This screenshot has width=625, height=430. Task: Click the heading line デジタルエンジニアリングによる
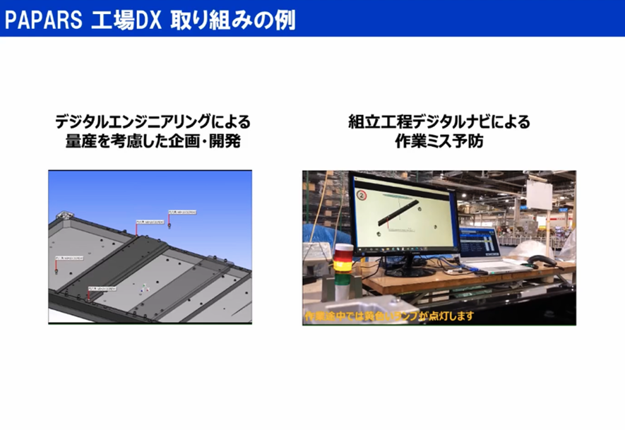[153, 121]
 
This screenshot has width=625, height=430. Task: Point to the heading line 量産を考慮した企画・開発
[153, 141]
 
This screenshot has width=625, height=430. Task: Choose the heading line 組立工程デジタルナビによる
[439, 121]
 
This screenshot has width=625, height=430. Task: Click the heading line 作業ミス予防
[439, 141]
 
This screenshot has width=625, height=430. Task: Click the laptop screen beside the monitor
[480, 243]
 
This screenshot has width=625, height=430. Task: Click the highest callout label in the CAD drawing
[181, 210]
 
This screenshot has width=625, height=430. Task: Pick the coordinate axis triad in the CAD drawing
[144, 287]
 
